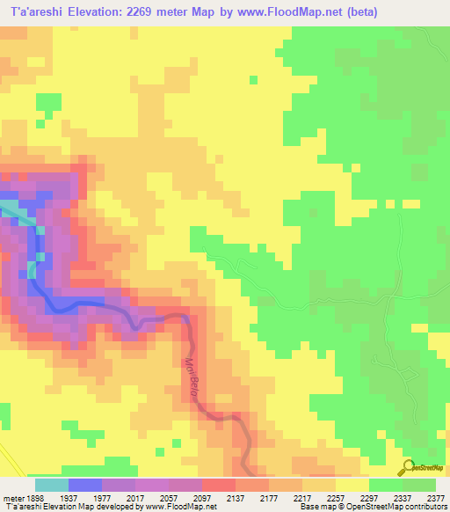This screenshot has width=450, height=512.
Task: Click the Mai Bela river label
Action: point(192,377)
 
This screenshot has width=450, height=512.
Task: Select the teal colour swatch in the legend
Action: point(51,484)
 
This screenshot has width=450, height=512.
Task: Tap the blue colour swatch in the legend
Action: point(84,484)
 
